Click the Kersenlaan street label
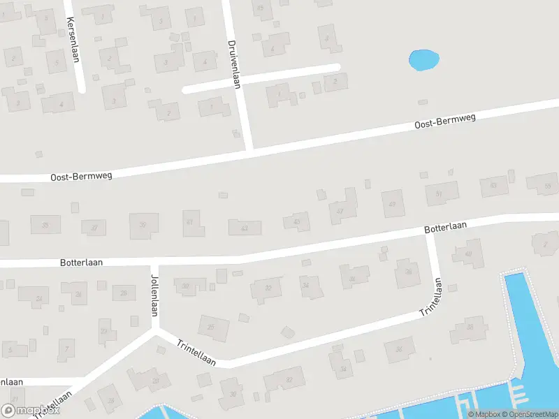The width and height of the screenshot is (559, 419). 73,41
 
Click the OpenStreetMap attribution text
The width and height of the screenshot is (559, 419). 528,414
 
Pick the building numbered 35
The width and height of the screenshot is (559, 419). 45,225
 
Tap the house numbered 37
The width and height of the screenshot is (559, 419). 94,228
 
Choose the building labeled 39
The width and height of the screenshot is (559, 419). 143,225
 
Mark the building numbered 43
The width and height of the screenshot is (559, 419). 245,228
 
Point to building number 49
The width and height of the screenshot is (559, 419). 393,203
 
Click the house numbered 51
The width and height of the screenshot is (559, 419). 440,193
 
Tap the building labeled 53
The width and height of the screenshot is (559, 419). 494,186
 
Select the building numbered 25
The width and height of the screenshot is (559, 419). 212,326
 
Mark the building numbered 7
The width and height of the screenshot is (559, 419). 66,347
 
